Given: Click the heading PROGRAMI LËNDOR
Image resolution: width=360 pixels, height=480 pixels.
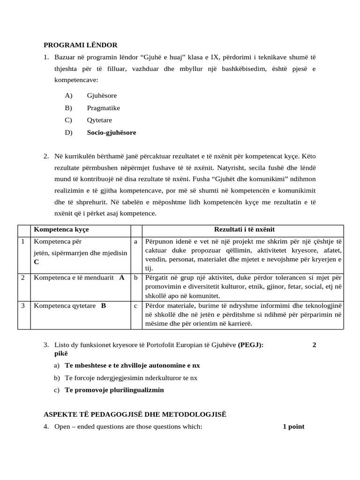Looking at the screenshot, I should click(x=80, y=45).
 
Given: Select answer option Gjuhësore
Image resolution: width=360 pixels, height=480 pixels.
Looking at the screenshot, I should click(x=102, y=96).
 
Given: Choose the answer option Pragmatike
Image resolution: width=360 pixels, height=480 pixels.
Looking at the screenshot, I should click(x=103, y=108).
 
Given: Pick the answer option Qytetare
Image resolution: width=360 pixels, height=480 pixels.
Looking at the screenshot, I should click(x=99, y=120).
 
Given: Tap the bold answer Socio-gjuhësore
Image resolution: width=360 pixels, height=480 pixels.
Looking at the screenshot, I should click(x=112, y=133).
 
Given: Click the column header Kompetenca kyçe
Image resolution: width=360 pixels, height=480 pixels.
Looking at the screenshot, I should click(x=61, y=230).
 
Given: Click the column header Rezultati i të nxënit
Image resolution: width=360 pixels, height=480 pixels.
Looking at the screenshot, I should click(x=244, y=230).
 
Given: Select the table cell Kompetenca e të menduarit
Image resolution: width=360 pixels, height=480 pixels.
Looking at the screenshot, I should click(x=74, y=277).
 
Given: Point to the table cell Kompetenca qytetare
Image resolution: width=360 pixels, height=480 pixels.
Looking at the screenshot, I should click(x=65, y=306).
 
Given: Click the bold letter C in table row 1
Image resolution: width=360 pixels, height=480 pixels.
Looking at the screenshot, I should click(x=36, y=262).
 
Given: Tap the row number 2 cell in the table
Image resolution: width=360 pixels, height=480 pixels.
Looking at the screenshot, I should click(x=22, y=277).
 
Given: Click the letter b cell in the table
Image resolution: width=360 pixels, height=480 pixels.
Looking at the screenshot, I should click(x=135, y=277).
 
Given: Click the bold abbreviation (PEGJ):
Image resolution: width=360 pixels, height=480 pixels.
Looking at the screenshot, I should click(x=251, y=345).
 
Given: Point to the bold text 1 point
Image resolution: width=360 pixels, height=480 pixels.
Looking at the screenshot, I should click(x=293, y=427).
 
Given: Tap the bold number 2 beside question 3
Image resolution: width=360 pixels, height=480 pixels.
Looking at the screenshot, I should click(x=314, y=345).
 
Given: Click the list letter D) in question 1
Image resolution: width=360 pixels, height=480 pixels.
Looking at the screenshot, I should click(x=69, y=133).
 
